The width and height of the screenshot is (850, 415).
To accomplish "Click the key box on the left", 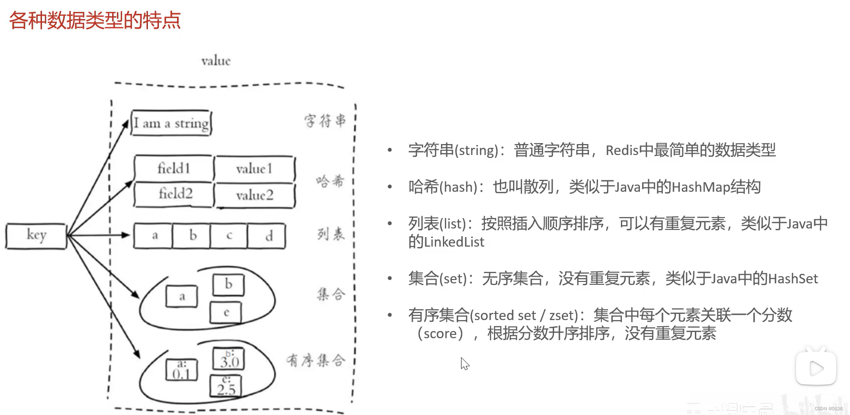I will pyautogui.click(x=36, y=236).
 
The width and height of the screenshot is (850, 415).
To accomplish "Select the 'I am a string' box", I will pyautogui.click(x=171, y=123).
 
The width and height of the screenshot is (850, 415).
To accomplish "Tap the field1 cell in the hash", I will pyautogui.click(x=174, y=168).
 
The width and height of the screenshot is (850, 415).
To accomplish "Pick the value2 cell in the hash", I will pyautogui.click(x=254, y=195).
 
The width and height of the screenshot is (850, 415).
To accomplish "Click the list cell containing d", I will pyautogui.click(x=268, y=236).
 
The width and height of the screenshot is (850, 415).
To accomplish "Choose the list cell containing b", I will pyautogui.click(x=192, y=236).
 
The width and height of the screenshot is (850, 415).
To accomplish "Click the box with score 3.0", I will pyautogui.click(x=229, y=359).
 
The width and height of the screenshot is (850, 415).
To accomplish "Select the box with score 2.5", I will pyautogui.click(x=226, y=386).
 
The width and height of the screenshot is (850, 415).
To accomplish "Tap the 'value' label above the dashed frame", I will pyautogui.click(x=216, y=61).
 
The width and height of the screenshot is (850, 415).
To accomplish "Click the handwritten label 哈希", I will pyautogui.click(x=330, y=181).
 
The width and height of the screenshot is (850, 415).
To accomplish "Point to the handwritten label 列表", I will pyautogui.click(x=331, y=234).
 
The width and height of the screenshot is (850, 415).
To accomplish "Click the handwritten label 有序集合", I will pyautogui.click(x=315, y=360).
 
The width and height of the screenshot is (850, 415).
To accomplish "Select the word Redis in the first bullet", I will pyautogui.click(x=622, y=150).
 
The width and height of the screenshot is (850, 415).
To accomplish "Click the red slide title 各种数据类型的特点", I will pyautogui.click(x=95, y=21).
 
